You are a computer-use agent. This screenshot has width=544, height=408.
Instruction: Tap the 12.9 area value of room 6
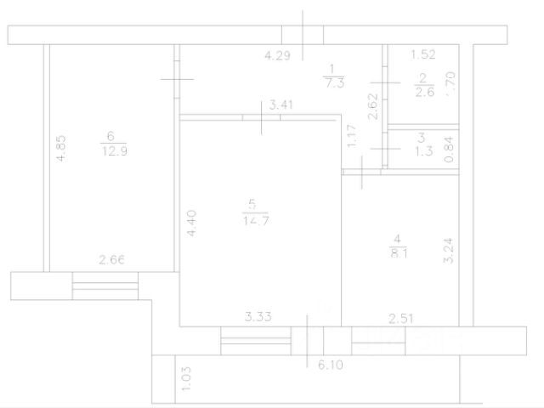tap(110, 150)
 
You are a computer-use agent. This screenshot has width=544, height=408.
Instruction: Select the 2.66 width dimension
tap(112, 260)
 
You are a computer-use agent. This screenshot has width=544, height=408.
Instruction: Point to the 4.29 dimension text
tap(278, 57)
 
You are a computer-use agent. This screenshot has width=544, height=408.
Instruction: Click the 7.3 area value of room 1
tap(332, 82)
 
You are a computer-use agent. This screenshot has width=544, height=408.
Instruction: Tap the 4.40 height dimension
tap(192, 223)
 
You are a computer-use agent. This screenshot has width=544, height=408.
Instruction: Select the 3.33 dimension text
tap(258, 318)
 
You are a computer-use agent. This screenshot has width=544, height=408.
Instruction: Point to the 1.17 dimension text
tap(349, 137)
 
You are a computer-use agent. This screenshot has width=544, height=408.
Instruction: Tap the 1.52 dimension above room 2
tap(423, 55)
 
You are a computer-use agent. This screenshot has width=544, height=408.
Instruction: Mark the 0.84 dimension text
tap(450, 150)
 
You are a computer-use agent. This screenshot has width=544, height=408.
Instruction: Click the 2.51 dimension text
tap(401, 319)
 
